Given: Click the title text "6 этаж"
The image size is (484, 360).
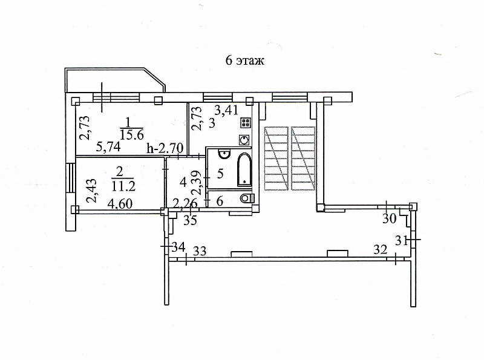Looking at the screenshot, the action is [245, 61].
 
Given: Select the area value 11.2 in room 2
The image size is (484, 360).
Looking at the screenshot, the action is [123, 186].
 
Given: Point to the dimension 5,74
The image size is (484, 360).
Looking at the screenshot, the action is [108, 146].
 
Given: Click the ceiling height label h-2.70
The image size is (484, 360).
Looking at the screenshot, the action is [165, 148].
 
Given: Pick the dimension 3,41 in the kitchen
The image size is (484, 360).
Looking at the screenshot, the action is [226, 110].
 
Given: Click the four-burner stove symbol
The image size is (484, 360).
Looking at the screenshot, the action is [246, 123].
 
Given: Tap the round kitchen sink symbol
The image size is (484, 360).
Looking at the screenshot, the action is [245, 140].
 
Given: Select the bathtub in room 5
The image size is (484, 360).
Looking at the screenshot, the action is [244, 169].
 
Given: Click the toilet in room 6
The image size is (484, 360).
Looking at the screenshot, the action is [247, 198].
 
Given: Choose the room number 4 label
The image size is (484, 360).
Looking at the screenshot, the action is [183, 182].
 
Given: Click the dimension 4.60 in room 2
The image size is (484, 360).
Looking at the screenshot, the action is [120, 204].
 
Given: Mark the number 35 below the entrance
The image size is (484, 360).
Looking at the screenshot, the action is [190, 220].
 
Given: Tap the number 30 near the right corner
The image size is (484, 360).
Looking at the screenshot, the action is [389, 218].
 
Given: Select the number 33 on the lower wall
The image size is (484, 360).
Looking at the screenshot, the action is [200, 251].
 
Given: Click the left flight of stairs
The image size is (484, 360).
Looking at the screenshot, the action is [276, 158].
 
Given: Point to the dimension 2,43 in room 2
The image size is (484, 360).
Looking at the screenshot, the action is [92, 191].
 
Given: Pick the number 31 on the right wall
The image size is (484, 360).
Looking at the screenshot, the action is [401, 241].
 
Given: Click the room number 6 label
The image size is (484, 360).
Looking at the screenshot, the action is [220, 201].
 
